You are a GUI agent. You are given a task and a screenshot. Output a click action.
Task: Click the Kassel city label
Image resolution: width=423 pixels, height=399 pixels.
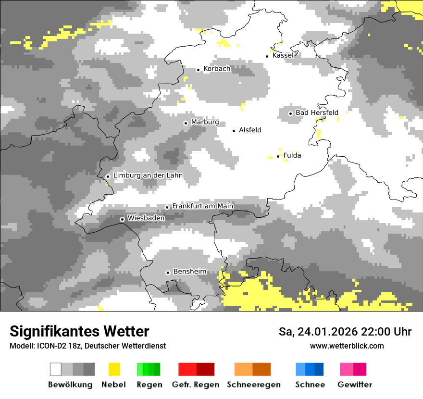tap(283, 55)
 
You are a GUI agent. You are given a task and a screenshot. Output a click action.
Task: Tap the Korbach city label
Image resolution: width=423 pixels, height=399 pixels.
tap(217, 69)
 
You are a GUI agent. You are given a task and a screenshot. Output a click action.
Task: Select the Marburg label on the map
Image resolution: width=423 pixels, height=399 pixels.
tap(205, 122)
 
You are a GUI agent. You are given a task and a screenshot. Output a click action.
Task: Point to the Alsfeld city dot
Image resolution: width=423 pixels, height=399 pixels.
tap(234, 131)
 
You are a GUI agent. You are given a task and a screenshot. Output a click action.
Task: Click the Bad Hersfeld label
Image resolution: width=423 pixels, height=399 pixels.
tap(317, 112)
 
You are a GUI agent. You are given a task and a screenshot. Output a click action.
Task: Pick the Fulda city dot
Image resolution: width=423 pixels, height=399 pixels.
tap(278, 156)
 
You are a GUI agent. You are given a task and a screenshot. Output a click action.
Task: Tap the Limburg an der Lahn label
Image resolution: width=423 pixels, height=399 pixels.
tap(148, 175)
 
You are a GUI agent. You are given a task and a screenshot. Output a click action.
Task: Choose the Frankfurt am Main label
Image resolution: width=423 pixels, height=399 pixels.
tap(202, 206)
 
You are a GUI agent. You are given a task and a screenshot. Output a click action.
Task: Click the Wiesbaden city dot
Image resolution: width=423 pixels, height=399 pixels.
tap(123, 219)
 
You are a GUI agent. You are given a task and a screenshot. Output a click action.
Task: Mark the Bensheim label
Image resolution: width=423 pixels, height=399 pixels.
tap(189, 272)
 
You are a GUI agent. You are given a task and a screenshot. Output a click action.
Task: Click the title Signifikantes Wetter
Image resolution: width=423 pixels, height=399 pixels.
tap(79, 331)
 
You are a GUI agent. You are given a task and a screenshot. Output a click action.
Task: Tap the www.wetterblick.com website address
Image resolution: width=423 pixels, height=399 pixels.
tap(347, 346)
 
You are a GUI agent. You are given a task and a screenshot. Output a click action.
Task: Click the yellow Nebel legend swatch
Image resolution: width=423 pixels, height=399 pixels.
tap(114, 369)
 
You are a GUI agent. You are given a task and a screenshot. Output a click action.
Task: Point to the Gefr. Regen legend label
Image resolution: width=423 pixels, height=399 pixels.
tap(196, 385)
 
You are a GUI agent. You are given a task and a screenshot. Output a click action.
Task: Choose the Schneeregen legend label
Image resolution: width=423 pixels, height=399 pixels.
tap(254, 385)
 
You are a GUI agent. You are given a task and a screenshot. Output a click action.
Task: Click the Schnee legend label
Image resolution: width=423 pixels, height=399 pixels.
tap(310, 385)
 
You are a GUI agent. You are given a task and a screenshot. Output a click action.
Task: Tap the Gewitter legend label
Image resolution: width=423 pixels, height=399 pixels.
tap(355, 385)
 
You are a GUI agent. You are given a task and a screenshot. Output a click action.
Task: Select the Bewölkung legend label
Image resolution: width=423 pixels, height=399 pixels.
tap(70, 385)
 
